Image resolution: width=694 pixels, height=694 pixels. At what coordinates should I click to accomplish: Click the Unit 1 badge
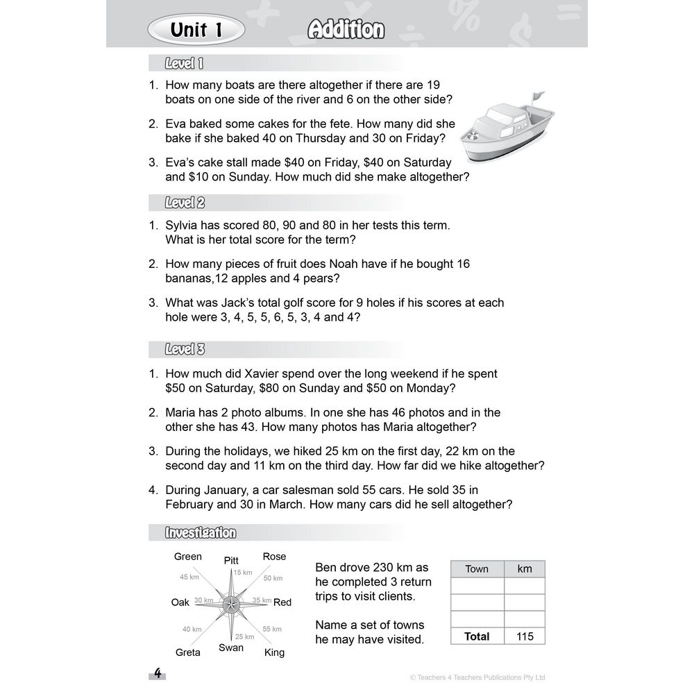[x=196, y=30]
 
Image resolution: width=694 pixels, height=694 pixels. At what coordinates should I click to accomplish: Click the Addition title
[x=346, y=30]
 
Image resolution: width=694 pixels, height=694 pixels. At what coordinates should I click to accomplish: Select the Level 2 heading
[x=184, y=203]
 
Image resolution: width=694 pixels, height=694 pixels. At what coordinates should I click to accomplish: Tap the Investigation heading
[x=200, y=532]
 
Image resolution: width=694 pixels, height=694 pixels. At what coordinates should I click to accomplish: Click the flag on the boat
[x=537, y=99]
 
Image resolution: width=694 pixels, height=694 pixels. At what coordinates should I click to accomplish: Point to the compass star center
[x=231, y=603]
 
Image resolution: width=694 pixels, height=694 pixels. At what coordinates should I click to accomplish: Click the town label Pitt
[x=231, y=560]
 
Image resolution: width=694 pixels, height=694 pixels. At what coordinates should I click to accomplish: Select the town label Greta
[x=187, y=652]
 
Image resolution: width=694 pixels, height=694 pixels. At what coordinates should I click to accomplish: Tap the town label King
[x=274, y=652]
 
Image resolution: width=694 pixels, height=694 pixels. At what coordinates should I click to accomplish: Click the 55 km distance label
[x=272, y=629]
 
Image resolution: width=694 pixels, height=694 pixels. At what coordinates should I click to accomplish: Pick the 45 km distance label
[x=189, y=577]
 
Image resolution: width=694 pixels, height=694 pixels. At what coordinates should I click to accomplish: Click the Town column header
[x=477, y=569]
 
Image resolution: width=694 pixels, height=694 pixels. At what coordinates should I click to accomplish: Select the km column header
[x=525, y=568]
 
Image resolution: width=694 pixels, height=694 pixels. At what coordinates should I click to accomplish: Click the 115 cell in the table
[x=525, y=636]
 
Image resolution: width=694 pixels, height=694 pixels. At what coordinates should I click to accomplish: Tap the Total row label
[x=477, y=636]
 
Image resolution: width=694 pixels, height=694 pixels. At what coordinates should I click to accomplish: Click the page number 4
[x=158, y=673]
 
